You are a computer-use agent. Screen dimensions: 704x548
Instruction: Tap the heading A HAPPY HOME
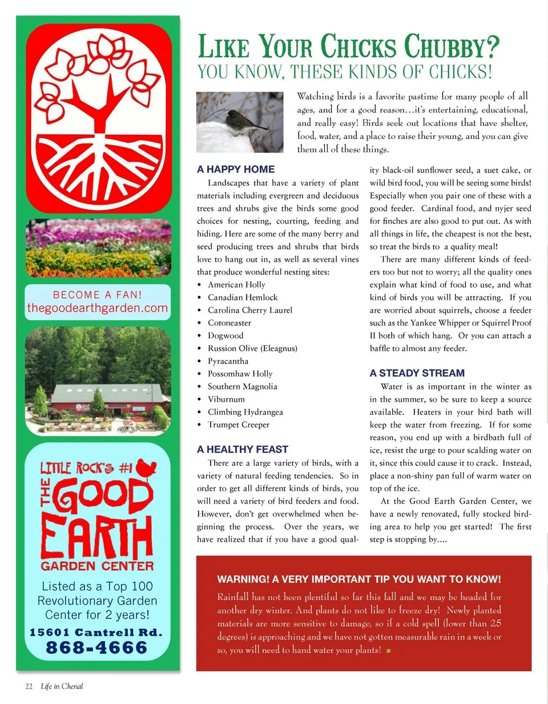click(236, 169)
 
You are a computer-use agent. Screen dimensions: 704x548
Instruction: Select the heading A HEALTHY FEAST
click(243, 449)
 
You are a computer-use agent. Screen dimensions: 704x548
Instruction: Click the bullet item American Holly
click(236, 285)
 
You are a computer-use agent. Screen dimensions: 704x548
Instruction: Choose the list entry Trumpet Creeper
click(239, 425)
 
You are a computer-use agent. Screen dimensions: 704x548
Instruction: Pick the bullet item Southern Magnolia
click(243, 386)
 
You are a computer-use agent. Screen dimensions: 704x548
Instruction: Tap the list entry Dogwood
click(225, 335)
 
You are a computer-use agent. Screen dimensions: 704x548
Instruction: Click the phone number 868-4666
click(97, 647)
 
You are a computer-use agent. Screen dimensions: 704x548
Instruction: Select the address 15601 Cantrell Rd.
click(96, 633)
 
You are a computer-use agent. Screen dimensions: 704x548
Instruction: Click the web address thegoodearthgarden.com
click(98, 309)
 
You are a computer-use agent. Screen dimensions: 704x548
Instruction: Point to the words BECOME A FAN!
click(98, 295)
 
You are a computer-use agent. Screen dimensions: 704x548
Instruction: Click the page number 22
click(29, 686)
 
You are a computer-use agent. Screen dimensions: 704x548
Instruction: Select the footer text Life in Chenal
click(62, 686)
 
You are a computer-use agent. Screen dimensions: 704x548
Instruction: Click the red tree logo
click(98, 117)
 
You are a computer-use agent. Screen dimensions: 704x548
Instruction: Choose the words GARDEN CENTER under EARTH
click(97, 566)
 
